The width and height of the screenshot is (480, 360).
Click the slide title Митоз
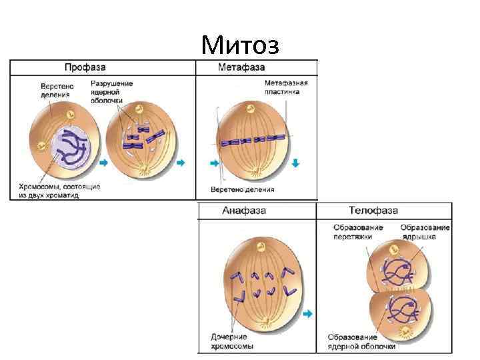pos(240,45)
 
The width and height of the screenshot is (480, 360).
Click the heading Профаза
pos(85,67)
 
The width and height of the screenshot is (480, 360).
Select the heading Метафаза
pos(241,67)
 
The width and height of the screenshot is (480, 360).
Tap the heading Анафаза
pos(244,211)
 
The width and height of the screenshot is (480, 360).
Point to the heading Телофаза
pos(373,211)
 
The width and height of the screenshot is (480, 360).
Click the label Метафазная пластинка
pos(286,87)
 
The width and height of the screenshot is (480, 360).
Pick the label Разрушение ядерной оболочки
pos(112,91)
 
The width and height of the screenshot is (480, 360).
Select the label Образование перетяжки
pos(359,232)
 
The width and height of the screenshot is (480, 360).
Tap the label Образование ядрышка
pos(425,232)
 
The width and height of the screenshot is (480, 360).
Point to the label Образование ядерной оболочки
pos(362,341)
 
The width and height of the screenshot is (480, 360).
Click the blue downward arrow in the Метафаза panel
pos(296,163)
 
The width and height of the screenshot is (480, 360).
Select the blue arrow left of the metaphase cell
pos(213,163)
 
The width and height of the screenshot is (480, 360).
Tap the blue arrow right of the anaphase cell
pos(308,313)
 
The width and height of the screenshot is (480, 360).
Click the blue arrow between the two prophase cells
pos(103,162)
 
